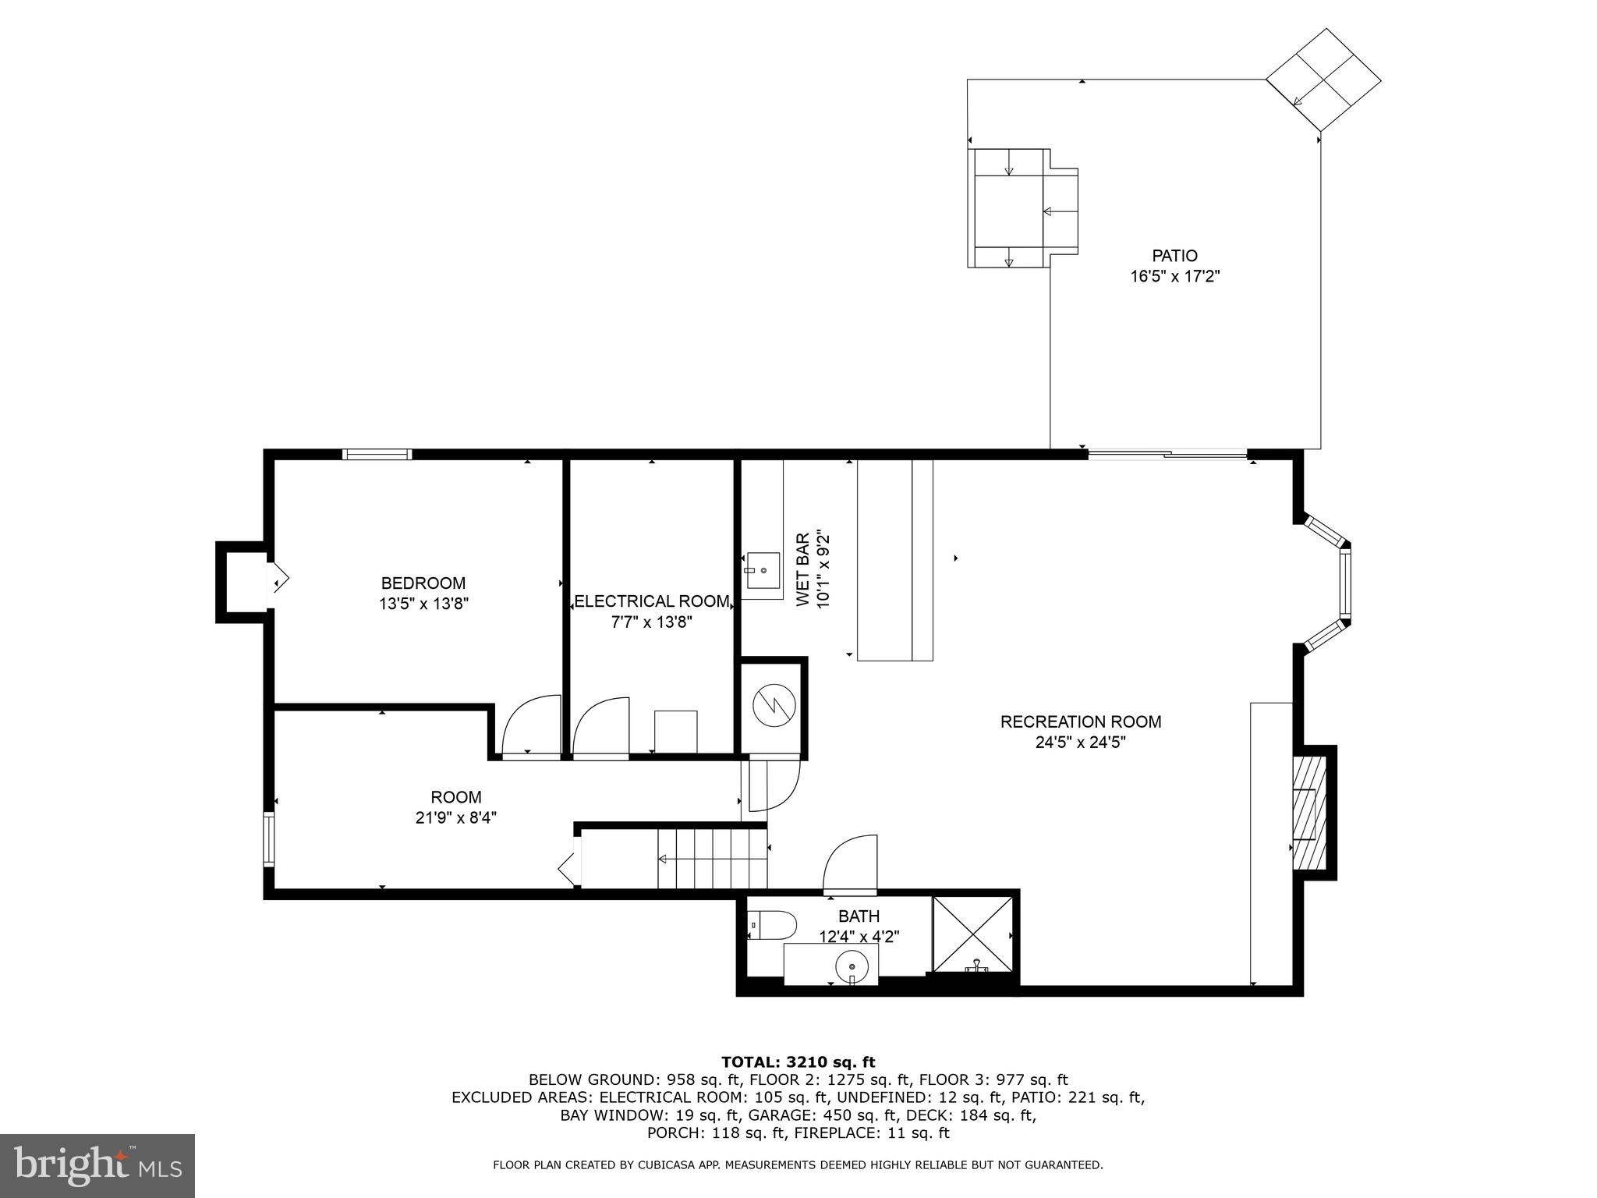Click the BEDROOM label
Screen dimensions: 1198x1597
pos(423,583)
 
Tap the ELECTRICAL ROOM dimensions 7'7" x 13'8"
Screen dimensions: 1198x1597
pos(652,622)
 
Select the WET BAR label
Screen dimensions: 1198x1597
pos(802,570)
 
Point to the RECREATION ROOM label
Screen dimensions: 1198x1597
pos(1080,722)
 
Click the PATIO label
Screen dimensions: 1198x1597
pos(1174,256)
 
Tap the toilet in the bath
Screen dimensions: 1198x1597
pos(772,926)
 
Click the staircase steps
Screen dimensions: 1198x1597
pos(711,859)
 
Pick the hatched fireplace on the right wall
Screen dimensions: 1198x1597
pos(1309,812)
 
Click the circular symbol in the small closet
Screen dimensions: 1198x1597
pos(772,706)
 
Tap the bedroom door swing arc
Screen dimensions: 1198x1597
pos(530,725)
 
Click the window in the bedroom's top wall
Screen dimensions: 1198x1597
pos(377,455)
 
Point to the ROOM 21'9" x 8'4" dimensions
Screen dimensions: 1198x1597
pos(456,817)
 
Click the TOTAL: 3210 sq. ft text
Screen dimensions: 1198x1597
pos(798,1062)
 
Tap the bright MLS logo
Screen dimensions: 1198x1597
pos(97,1165)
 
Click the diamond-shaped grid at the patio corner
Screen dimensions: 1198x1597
pos(1323,80)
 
